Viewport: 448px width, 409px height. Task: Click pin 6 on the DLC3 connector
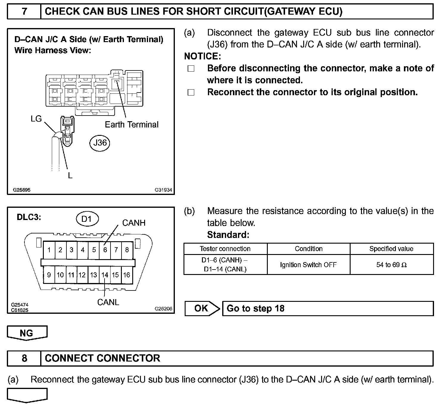click(105, 250)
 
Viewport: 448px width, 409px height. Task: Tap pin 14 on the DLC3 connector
click(105, 275)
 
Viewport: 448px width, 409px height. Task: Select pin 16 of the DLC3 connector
click(127, 275)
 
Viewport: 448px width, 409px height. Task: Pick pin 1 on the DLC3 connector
click(49, 250)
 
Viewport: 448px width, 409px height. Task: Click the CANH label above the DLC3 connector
click(134, 223)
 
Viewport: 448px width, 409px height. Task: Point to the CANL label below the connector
click(108, 302)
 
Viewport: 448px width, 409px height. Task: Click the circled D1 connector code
click(86, 219)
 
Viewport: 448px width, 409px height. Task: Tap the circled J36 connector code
click(100, 143)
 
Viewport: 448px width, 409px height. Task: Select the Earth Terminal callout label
click(132, 124)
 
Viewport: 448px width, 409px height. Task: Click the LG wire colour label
click(36, 119)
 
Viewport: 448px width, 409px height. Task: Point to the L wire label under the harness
click(70, 176)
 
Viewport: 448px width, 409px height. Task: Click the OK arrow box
click(202, 308)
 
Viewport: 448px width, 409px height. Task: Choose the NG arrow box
click(27, 333)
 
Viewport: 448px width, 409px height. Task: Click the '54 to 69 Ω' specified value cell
click(391, 265)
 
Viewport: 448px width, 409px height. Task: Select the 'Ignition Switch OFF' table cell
click(308, 265)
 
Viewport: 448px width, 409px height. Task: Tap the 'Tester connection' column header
click(225, 249)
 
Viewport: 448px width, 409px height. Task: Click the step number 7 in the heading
click(24, 12)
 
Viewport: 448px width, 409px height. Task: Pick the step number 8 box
click(24, 358)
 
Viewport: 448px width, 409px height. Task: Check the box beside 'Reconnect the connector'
click(191, 93)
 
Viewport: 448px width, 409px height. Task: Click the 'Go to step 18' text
click(256, 308)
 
